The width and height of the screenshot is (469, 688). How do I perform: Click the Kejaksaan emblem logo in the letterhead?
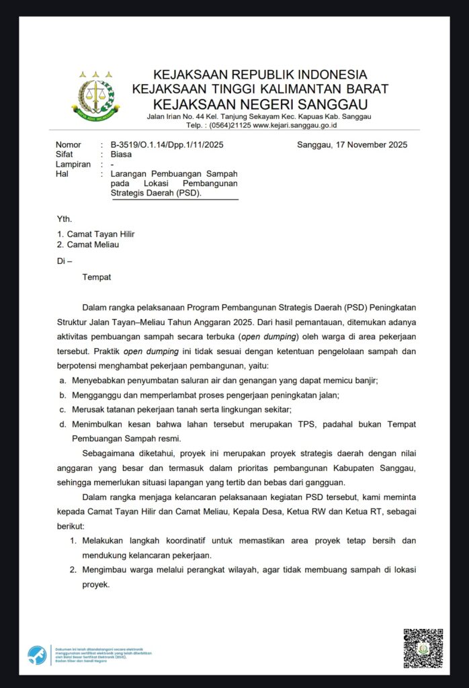tap(96, 94)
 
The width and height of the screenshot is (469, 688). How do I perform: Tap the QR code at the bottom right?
tap(423, 648)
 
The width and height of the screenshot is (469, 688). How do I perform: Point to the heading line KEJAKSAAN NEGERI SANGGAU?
tap(259, 104)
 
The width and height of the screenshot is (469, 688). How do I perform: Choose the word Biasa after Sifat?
tap(123, 154)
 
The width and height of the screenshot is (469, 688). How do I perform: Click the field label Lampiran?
tap(73, 164)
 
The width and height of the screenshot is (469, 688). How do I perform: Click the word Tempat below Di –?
tap(97, 277)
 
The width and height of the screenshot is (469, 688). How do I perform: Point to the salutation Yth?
tap(65, 218)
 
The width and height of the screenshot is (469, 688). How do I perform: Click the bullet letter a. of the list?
tap(62, 380)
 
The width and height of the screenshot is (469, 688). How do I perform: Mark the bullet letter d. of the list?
tap(62, 424)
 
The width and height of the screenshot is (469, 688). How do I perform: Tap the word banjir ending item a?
tap(366, 380)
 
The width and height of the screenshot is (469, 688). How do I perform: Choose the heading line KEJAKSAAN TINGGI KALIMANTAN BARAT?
tap(259, 89)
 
